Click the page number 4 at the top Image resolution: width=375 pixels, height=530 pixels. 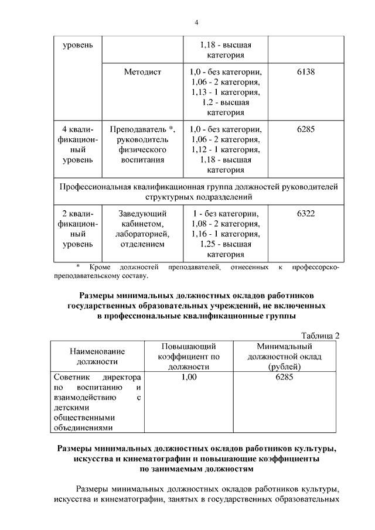click(197, 22)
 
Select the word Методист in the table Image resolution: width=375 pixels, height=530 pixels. click(142, 72)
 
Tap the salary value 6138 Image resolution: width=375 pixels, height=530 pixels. click(306, 72)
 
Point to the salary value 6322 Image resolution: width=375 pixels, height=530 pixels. click(306, 213)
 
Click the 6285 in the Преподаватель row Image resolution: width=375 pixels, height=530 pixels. click(306, 129)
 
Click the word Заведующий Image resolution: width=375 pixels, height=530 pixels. click(142, 213)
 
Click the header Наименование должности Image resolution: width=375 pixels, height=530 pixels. click(97, 356)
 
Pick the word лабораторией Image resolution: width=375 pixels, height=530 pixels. click(142, 234)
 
